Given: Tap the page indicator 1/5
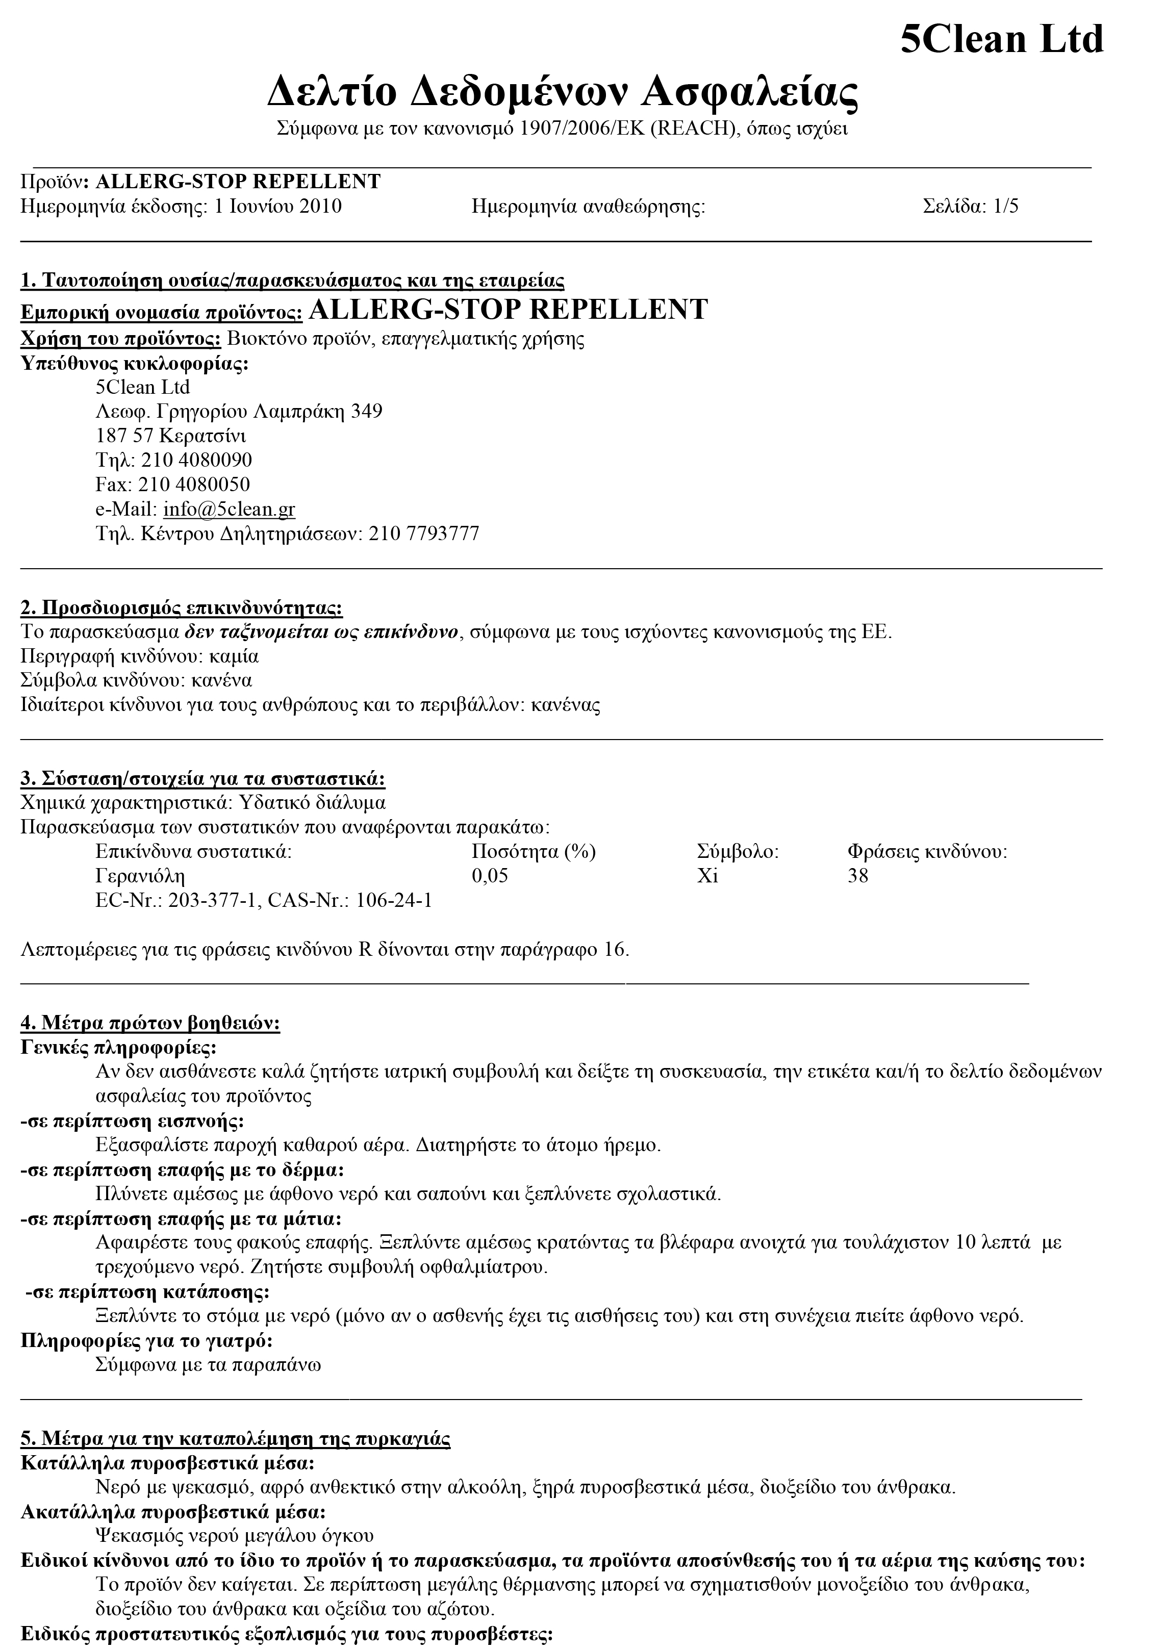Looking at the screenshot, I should [1005, 207].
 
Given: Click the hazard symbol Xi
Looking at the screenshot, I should [707, 876].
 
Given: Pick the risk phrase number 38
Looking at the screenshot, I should [858, 876].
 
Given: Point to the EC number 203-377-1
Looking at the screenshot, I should [212, 900].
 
